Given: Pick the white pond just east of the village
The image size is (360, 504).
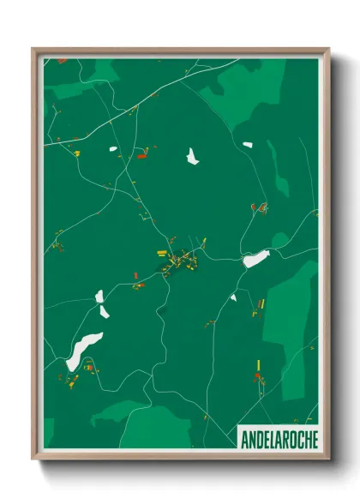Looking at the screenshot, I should pos(255,258).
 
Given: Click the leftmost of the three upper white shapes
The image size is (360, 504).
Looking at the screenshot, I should pos(112,150).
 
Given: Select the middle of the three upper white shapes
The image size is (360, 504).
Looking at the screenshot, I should pos(192,156).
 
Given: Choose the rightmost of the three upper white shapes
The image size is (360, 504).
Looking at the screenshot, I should pos(247,145).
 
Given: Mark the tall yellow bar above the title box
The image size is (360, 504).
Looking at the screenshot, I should pos(258,366).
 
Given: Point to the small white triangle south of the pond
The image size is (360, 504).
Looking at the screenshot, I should pos(232,297).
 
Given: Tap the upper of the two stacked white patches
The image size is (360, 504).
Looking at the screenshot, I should pos(100,297).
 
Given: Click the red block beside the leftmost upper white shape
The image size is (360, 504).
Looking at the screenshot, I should pos(142,155).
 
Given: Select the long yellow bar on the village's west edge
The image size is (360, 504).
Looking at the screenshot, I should pos(162,252).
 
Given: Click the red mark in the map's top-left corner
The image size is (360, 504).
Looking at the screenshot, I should pos(62,62).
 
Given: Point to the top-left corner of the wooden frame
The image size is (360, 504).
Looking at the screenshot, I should pos(33,49).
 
